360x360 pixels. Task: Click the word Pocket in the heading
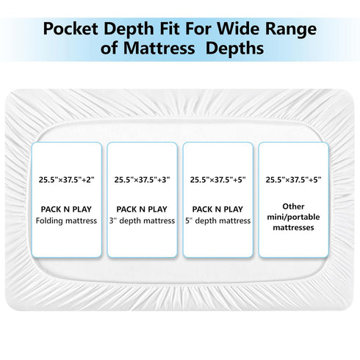[x=71, y=29]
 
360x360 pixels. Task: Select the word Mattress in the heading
[x=159, y=48]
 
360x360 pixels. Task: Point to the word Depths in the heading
[x=235, y=49]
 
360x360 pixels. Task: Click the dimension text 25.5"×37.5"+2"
[x=66, y=180]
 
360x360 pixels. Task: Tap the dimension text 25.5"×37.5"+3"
[x=142, y=180]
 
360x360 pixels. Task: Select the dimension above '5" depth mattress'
[x=217, y=180]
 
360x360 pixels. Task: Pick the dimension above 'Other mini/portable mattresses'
[x=293, y=180]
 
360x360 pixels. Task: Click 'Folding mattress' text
[x=66, y=220]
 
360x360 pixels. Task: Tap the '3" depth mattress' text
[x=142, y=220]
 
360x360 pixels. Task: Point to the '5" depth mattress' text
[x=217, y=220]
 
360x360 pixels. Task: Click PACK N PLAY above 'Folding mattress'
[x=66, y=209]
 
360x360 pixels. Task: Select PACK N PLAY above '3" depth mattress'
[x=142, y=209]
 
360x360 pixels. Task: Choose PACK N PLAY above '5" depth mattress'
[x=217, y=209]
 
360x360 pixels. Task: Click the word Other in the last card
[x=293, y=206]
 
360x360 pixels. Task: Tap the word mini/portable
[x=293, y=217]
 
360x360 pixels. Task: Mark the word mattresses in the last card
[x=293, y=228]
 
